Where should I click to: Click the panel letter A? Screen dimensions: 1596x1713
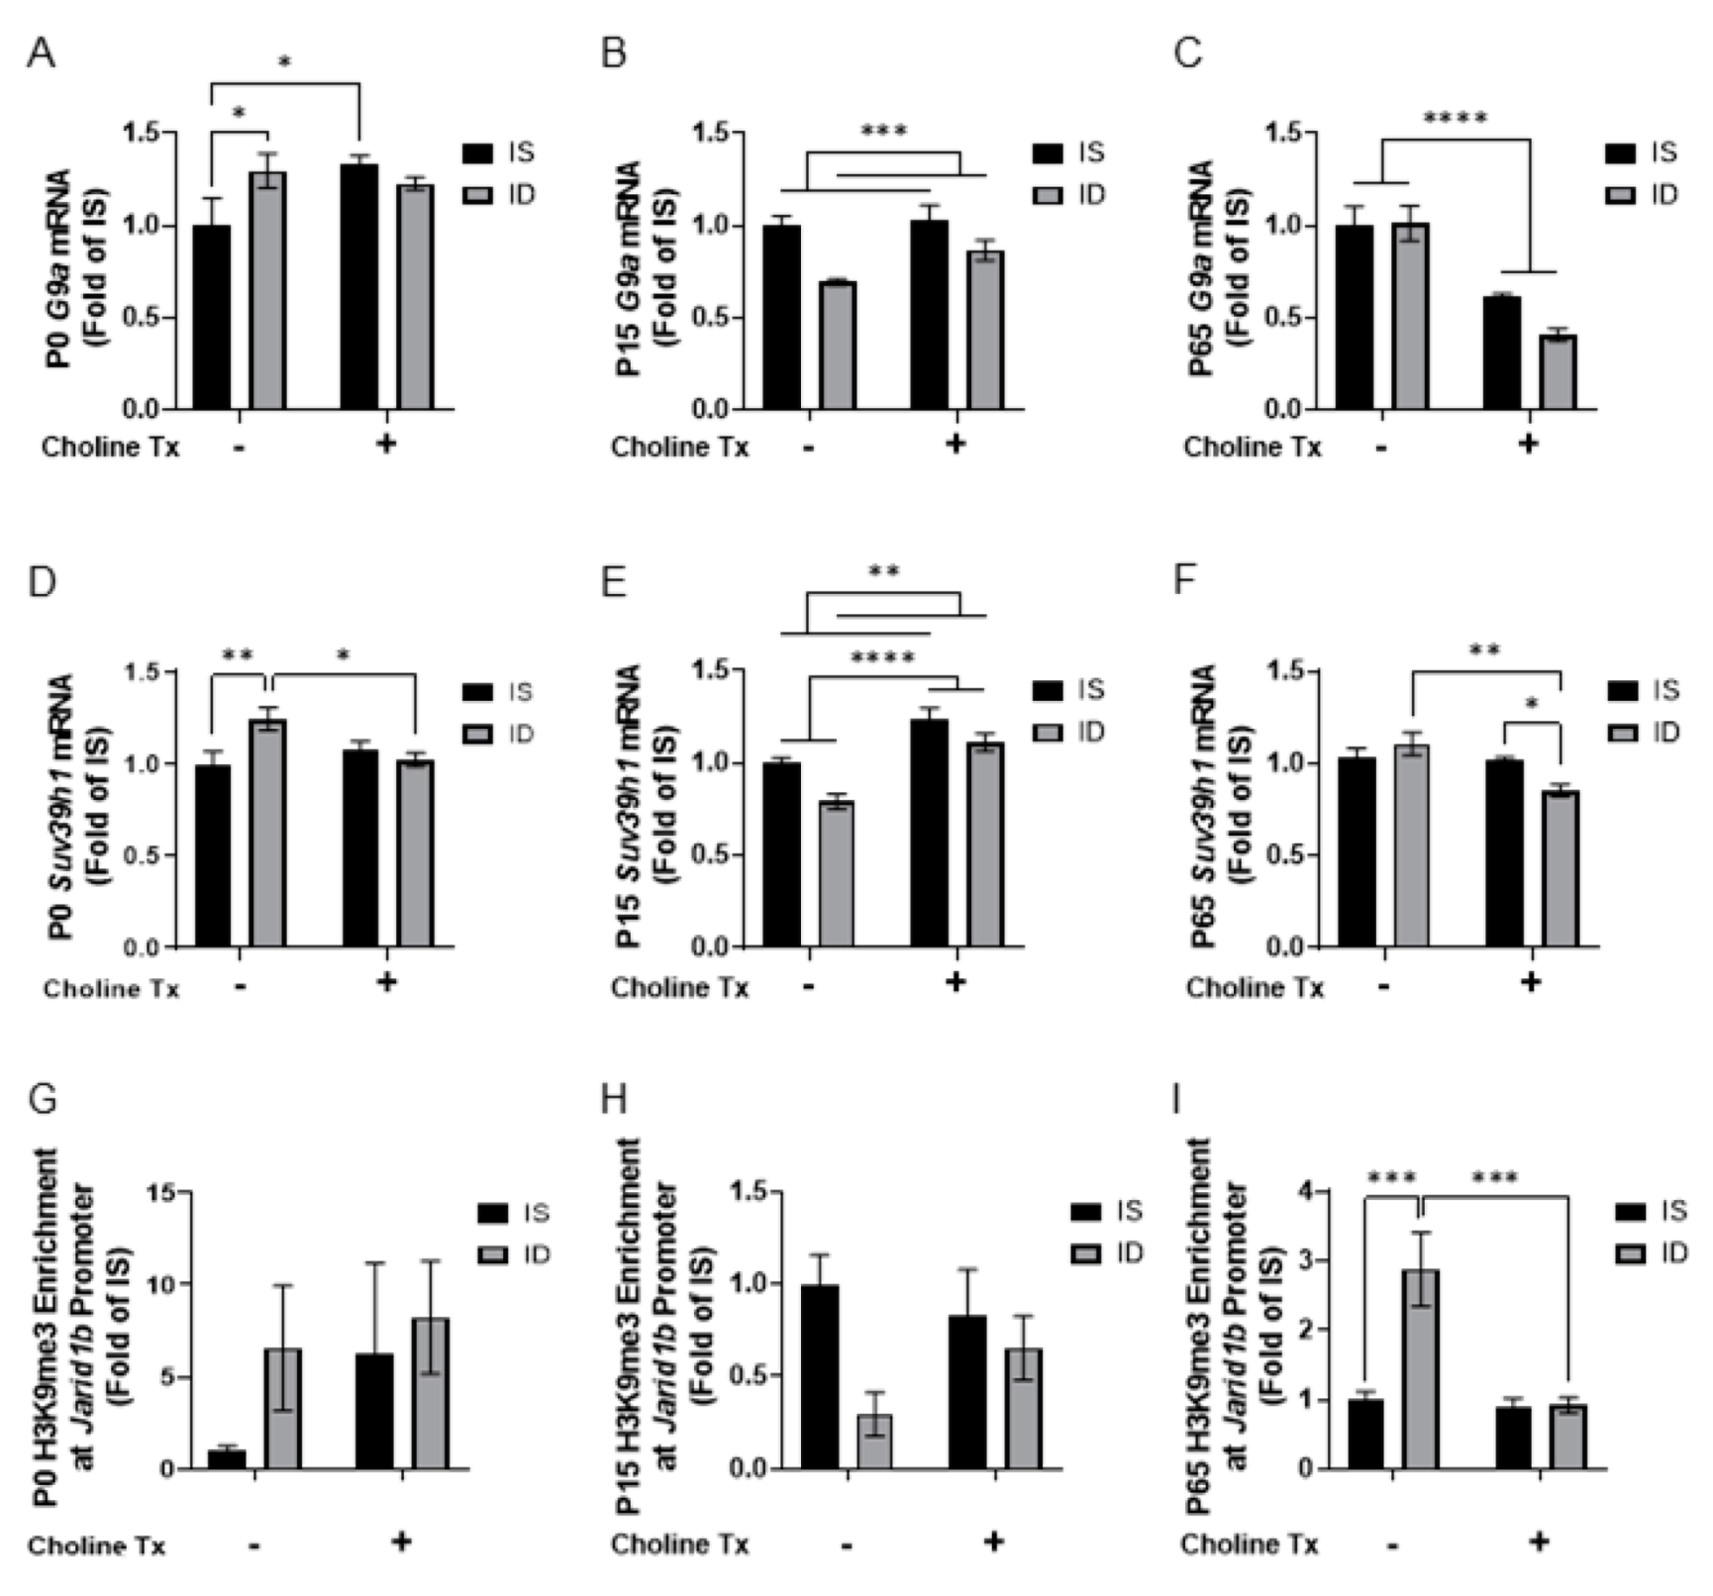(41, 52)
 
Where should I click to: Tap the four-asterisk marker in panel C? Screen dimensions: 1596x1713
(1455, 120)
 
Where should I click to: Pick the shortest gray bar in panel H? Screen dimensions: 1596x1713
(874, 1441)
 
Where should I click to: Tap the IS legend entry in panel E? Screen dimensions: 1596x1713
(1069, 690)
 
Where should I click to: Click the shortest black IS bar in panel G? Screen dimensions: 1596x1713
(227, 1458)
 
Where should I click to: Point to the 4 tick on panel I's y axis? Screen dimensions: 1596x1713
(1313, 1192)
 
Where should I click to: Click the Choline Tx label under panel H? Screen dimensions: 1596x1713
(679, 1544)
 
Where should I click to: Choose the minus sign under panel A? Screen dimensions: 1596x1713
(239, 447)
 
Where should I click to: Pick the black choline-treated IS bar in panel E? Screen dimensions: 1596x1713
(929, 834)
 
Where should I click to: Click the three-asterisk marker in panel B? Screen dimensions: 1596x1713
(883, 131)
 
